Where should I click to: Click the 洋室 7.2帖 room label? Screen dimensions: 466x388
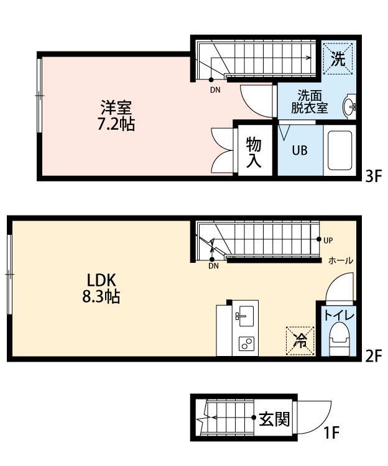point(116,116)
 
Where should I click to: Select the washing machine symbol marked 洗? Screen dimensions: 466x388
point(338,59)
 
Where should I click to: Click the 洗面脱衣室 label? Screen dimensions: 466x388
point(309,101)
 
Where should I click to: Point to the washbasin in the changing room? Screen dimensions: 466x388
point(349,107)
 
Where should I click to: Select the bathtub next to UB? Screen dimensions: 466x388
point(340,150)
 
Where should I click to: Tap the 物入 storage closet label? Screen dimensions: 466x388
point(254,153)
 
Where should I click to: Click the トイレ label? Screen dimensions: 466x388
point(338,316)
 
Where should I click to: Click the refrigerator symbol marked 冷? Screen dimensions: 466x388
point(300,340)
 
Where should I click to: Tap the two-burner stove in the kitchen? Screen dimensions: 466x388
point(246,344)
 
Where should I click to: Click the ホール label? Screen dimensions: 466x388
point(340,261)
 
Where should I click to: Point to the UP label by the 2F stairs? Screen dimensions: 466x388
point(328,240)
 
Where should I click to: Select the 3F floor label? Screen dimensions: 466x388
point(372,176)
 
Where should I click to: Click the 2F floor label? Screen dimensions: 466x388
point(372,357)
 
